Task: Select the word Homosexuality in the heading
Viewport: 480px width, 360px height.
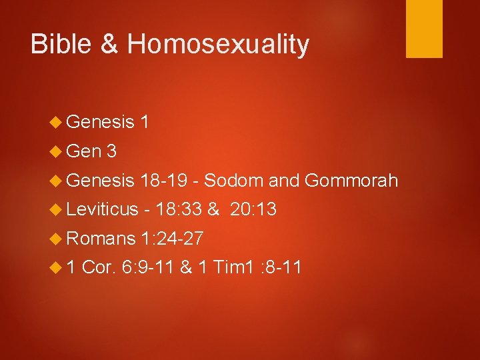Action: pyautogui.click(x=218, y=44)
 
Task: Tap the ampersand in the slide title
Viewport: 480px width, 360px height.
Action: pyautogui.click(x=110, y=44)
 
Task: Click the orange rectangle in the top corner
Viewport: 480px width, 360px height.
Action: pyautogui.click(x=424, y=28)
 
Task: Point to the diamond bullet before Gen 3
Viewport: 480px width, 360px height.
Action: pyautogui.click(x=57, y=152)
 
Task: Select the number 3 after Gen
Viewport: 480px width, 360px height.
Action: pyautogui.click(x=111, y=151)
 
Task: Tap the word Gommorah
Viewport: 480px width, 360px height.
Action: pyautogui.click(x=351, y=181)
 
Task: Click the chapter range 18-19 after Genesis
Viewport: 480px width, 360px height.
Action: pyautogui.click(x=169, y=181)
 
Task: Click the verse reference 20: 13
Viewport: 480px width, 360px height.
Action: pyautogui.click(x=253, y=209)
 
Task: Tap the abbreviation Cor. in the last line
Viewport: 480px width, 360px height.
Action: pyautogui.click(x=101, y=267)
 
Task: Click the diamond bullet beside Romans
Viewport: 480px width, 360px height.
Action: pyautogui.click(x=57, y=239)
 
